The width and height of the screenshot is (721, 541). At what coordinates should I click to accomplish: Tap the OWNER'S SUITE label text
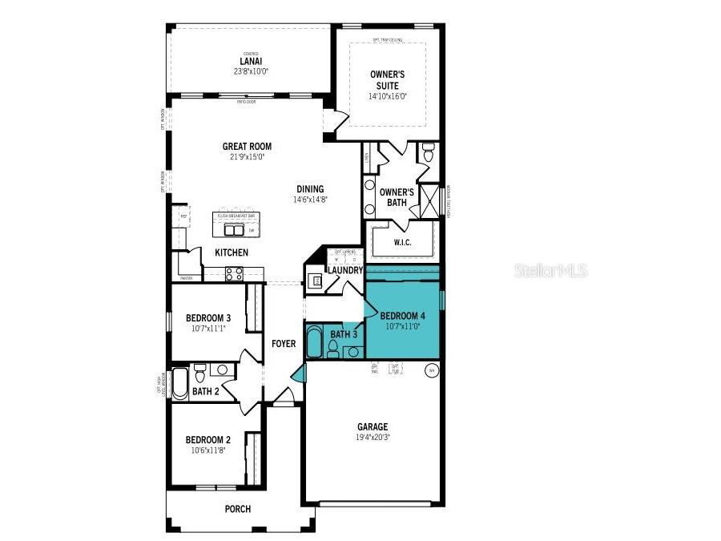pos(388,79)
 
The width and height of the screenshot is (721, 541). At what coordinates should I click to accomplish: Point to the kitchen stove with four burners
pos(233,274)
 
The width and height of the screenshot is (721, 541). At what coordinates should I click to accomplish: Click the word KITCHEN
pos(232,252)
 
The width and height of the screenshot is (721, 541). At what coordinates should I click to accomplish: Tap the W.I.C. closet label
pos(401,242)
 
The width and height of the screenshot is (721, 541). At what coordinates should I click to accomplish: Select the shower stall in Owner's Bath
pos(430,200)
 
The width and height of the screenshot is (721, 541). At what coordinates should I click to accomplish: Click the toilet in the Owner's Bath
pos(427,152)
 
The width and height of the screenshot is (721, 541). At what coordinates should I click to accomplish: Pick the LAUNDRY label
pos(345,271)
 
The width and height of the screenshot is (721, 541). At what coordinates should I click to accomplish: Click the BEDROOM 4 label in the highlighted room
pos(402,316)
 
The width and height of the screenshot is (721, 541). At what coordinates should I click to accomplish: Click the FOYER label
pos(284,344)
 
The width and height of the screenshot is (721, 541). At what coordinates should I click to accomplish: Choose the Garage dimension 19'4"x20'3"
pos(373,438)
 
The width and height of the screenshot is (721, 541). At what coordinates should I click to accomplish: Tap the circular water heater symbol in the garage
pos(430,369)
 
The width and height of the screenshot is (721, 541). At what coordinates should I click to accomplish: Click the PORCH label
pos(238,509)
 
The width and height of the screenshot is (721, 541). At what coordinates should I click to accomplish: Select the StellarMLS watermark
pos(550,271)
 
